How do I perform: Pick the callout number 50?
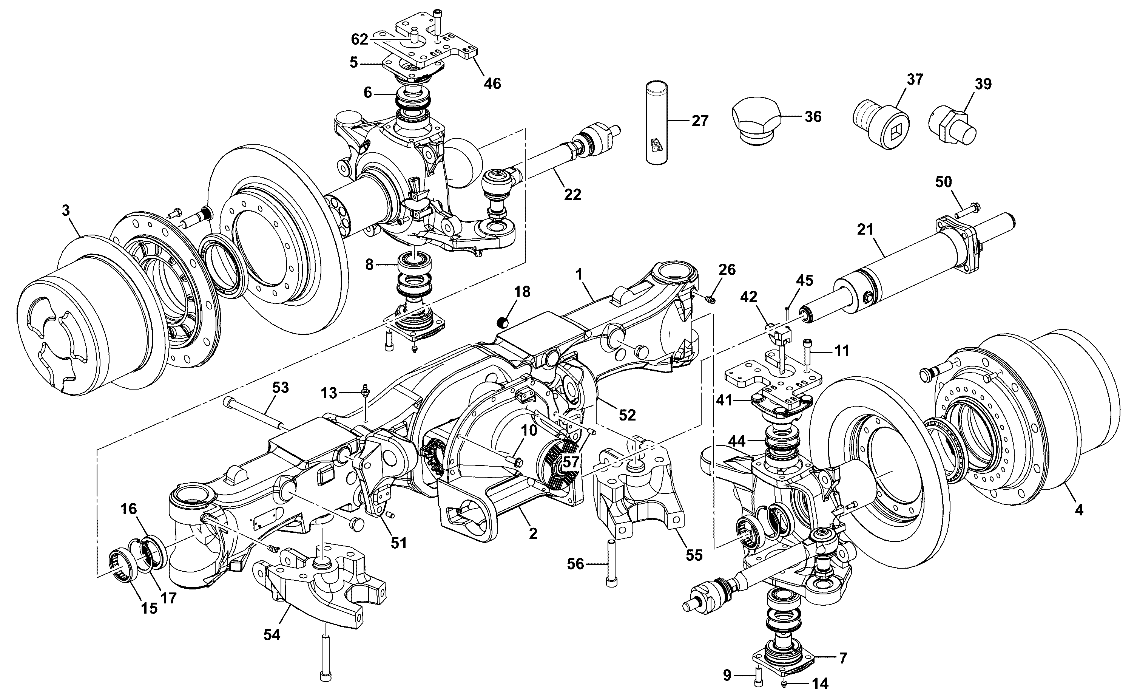943,182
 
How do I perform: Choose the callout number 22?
572,195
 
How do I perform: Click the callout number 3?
66,211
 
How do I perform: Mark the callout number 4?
1079,510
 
